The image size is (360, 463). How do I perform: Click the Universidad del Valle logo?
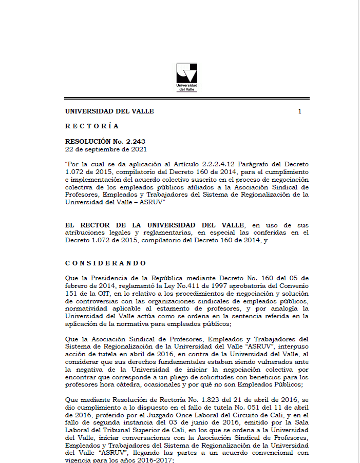pyautogui.click(x=186, y=77)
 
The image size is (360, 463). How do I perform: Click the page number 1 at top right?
pyautogui.click(x=300, y=111)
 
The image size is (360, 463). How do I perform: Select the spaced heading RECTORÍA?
pyautogui.click(x=92, y=126)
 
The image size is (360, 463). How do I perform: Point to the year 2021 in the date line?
pyautogui.click(x=139, y=149)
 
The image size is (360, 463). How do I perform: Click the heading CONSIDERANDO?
pyautogui.click(x=105, y=263)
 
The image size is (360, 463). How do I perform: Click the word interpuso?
pyautogui.click(x=291, y=346)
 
